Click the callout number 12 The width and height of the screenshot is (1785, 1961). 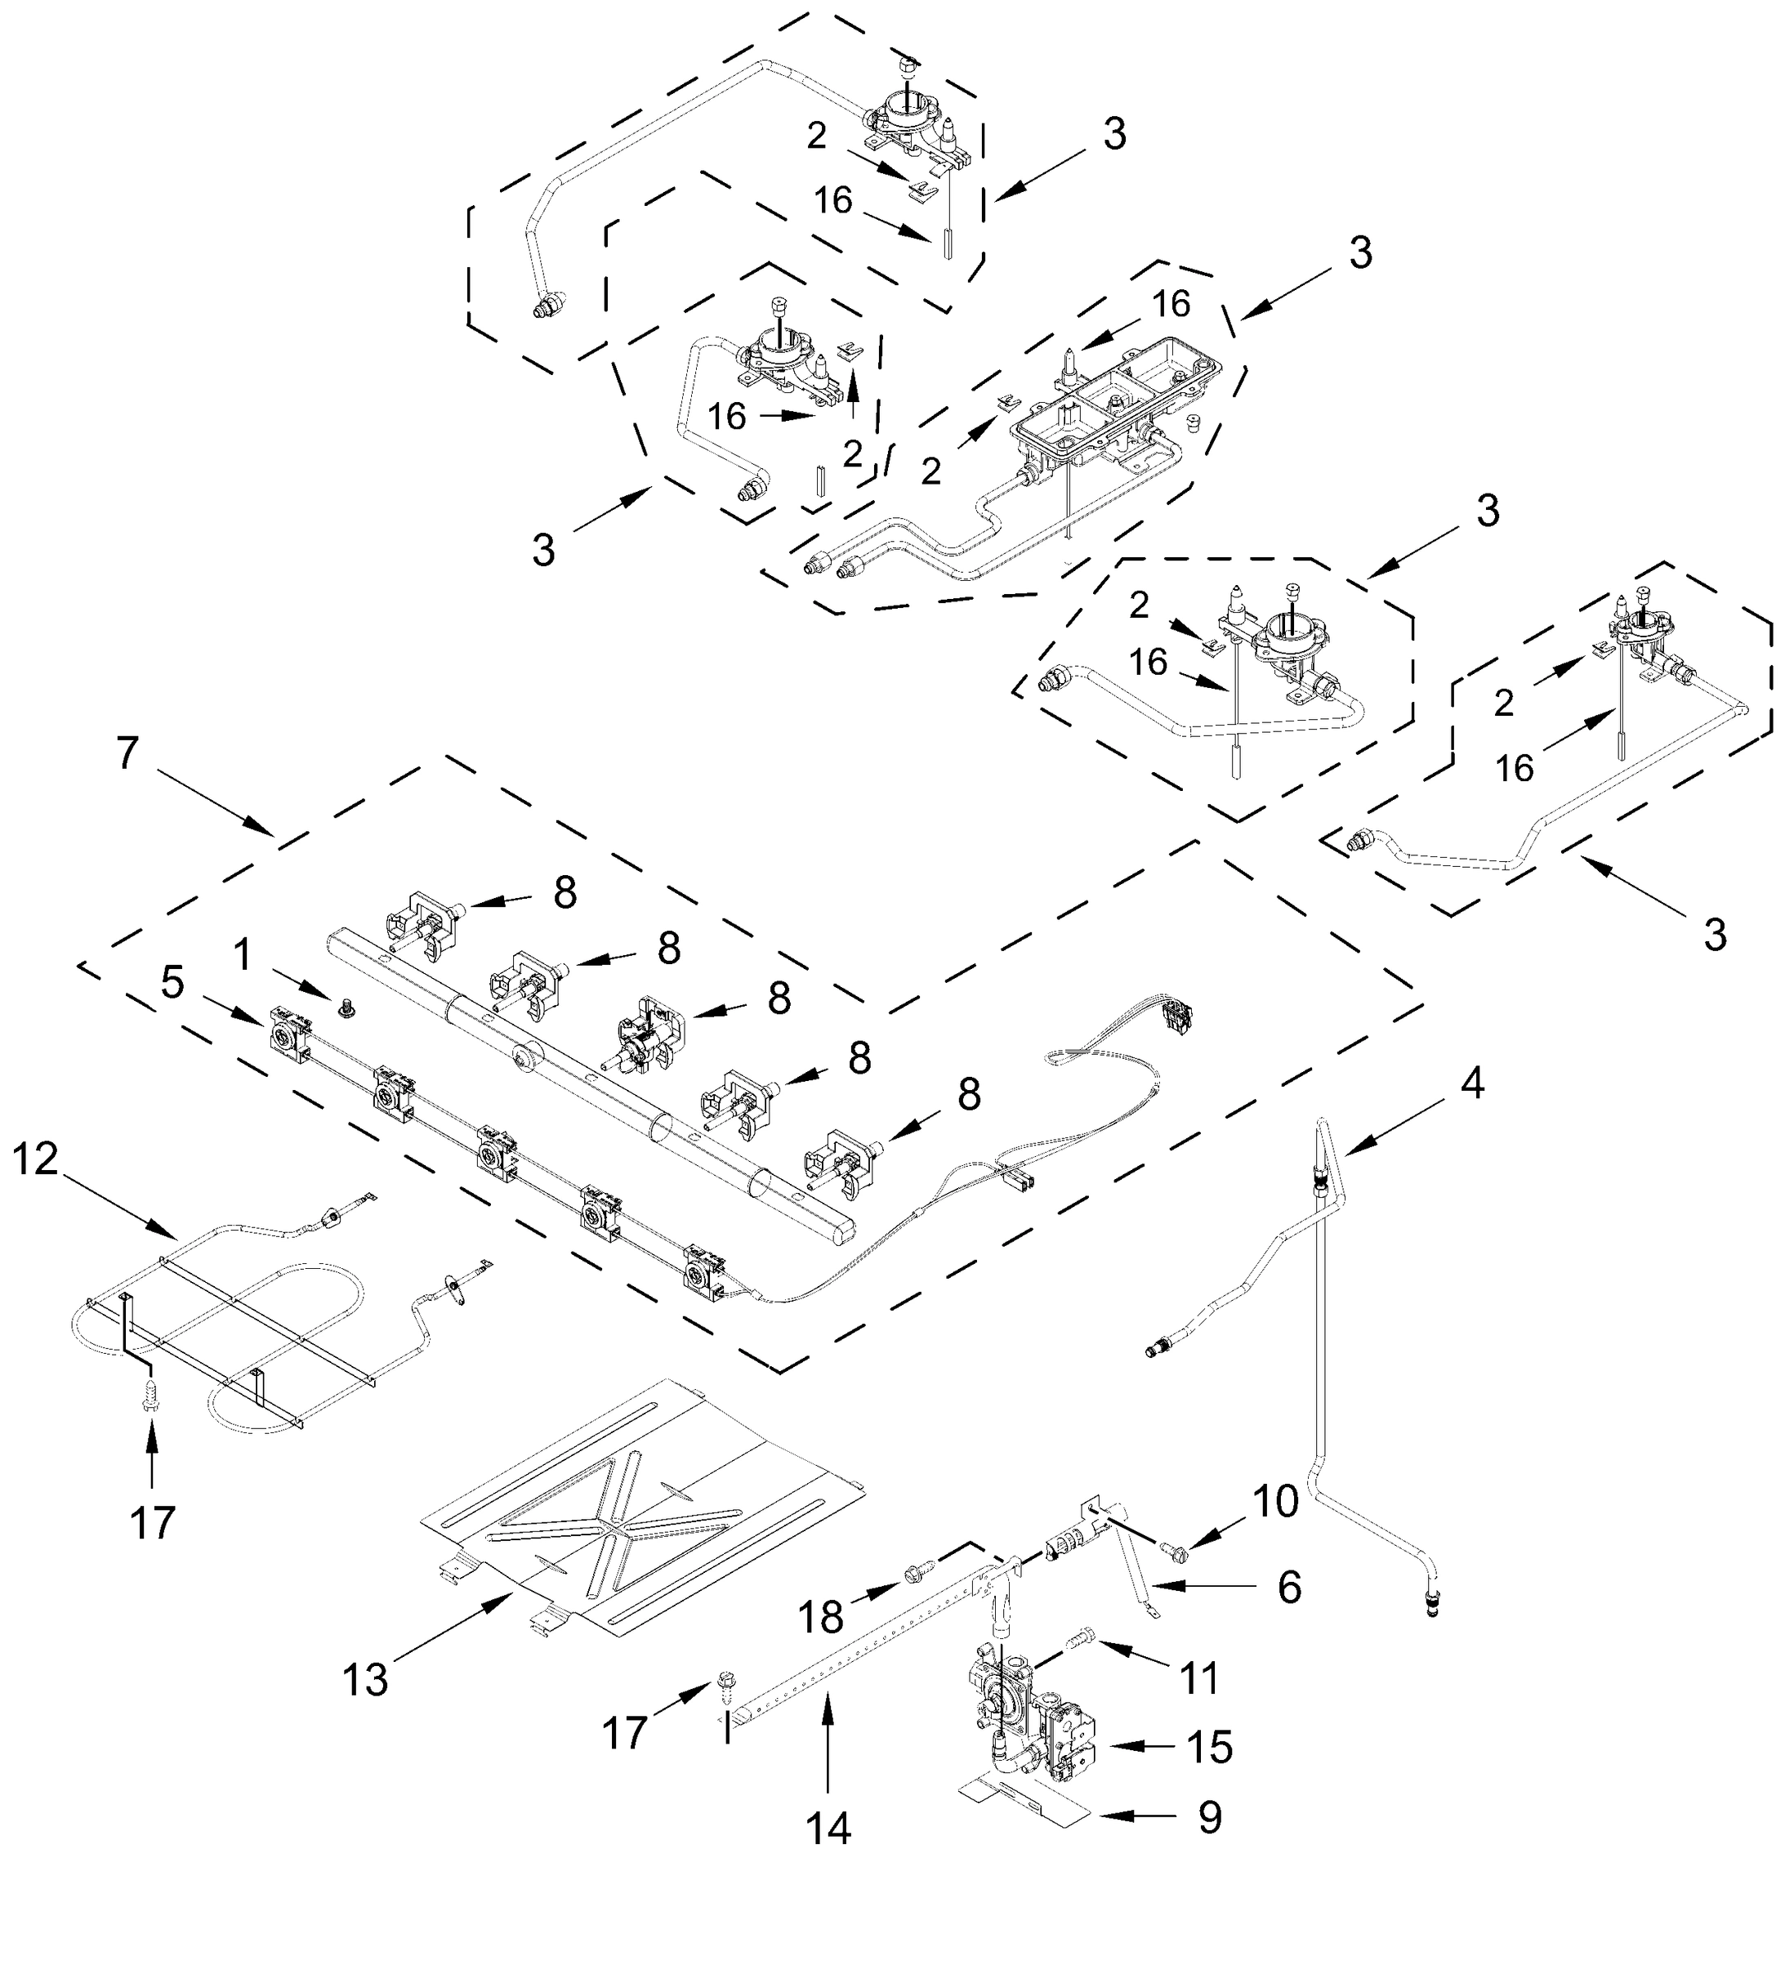coord(36,1159)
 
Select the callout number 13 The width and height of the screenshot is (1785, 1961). coord(365,1679)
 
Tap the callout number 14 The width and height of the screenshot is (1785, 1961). coord(828,1828)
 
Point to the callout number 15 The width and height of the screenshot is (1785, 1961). coord(1209,1747)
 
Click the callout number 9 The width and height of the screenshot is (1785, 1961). coord(1209,1817)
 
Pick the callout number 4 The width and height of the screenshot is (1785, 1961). coord(1473,1083)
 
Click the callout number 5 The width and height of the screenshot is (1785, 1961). coord(172,982)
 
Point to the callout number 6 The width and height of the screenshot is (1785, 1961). coord(1289,1588)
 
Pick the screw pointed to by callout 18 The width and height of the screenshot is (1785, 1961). coord(918,1571)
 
